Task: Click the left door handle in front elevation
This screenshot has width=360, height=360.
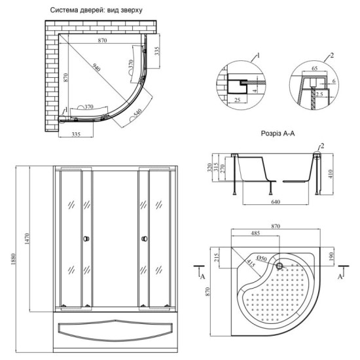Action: (85, 239)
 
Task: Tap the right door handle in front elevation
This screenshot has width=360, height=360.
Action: (143, 239)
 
